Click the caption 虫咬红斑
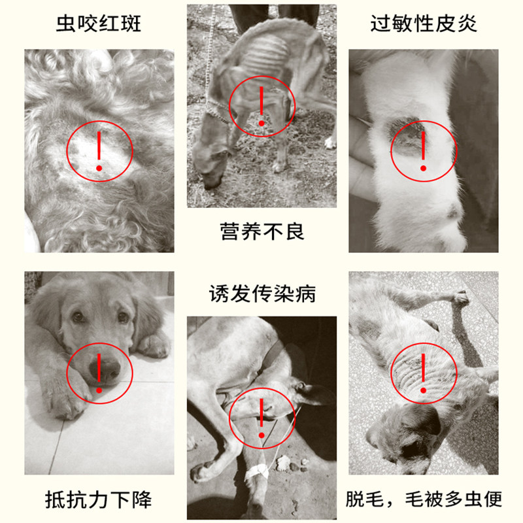click(99, 24)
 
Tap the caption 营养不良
click(262, 231)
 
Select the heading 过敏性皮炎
click(423, 24)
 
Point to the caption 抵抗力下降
click(99, 499)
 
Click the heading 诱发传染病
click(262, 294)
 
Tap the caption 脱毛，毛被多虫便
click(424, 499)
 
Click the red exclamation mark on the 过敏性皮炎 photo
click(423, 151)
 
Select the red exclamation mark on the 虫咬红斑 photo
click(99, 151)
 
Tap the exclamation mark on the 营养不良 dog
click(261, 106)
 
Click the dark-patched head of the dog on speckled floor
click(407, 437)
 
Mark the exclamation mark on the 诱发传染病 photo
click(261, 418)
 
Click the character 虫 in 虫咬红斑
click(66, 24)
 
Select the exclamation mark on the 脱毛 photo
click(423, 373)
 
